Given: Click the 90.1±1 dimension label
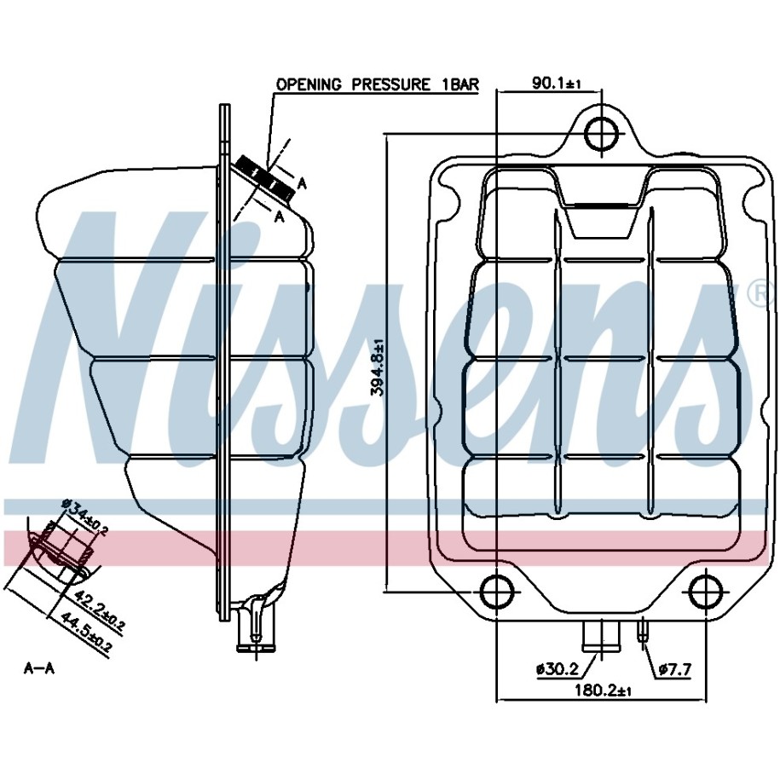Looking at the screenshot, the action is coord(557,83).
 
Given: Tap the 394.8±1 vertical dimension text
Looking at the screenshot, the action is coord(378,368).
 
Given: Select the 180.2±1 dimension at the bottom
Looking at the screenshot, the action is coord(603,690).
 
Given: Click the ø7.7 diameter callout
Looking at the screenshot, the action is coord(674,669).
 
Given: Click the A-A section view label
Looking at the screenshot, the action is coord(39,668).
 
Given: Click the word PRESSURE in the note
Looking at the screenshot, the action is coord(390,84).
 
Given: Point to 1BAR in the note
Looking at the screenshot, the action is coord(460,84).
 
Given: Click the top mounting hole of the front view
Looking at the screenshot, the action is coord(602,133).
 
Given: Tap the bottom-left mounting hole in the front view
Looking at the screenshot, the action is coord(498,592).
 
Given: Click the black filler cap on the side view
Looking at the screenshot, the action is coord(264,179).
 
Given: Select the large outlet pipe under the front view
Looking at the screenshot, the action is coord(602,635).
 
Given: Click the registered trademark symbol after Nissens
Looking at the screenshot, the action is coord(764,295).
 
